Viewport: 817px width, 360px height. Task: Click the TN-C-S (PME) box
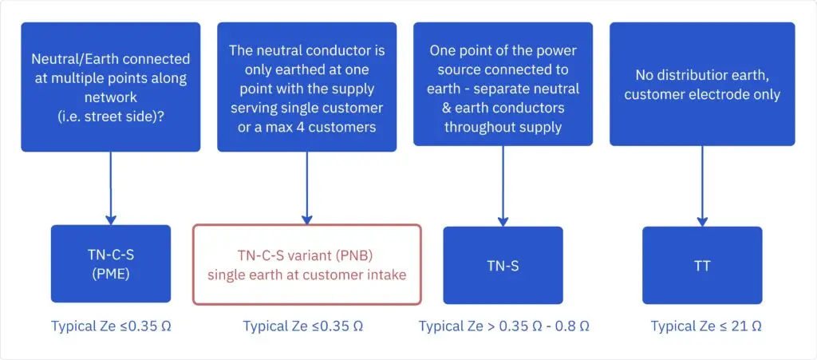pos(111,263)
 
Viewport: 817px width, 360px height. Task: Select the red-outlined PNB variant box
pos(307,264)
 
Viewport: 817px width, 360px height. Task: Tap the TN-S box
pos(503,265)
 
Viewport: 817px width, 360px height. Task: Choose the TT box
pos(702,265)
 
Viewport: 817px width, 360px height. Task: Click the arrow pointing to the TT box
pos(702,186)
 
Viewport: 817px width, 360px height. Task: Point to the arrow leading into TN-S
pos(503,186)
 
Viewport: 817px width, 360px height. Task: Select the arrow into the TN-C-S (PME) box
pos(110,188)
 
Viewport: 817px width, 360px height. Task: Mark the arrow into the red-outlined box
pos(307,188)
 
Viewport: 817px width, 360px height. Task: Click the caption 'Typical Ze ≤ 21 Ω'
pos(706,326)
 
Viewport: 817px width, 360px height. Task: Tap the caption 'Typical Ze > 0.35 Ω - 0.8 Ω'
pos(504,326)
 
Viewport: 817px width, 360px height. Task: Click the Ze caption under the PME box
pos(111,326)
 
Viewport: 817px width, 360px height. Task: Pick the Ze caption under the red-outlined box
pos(302,326)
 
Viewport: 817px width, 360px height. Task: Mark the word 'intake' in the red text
pos(389,275)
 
